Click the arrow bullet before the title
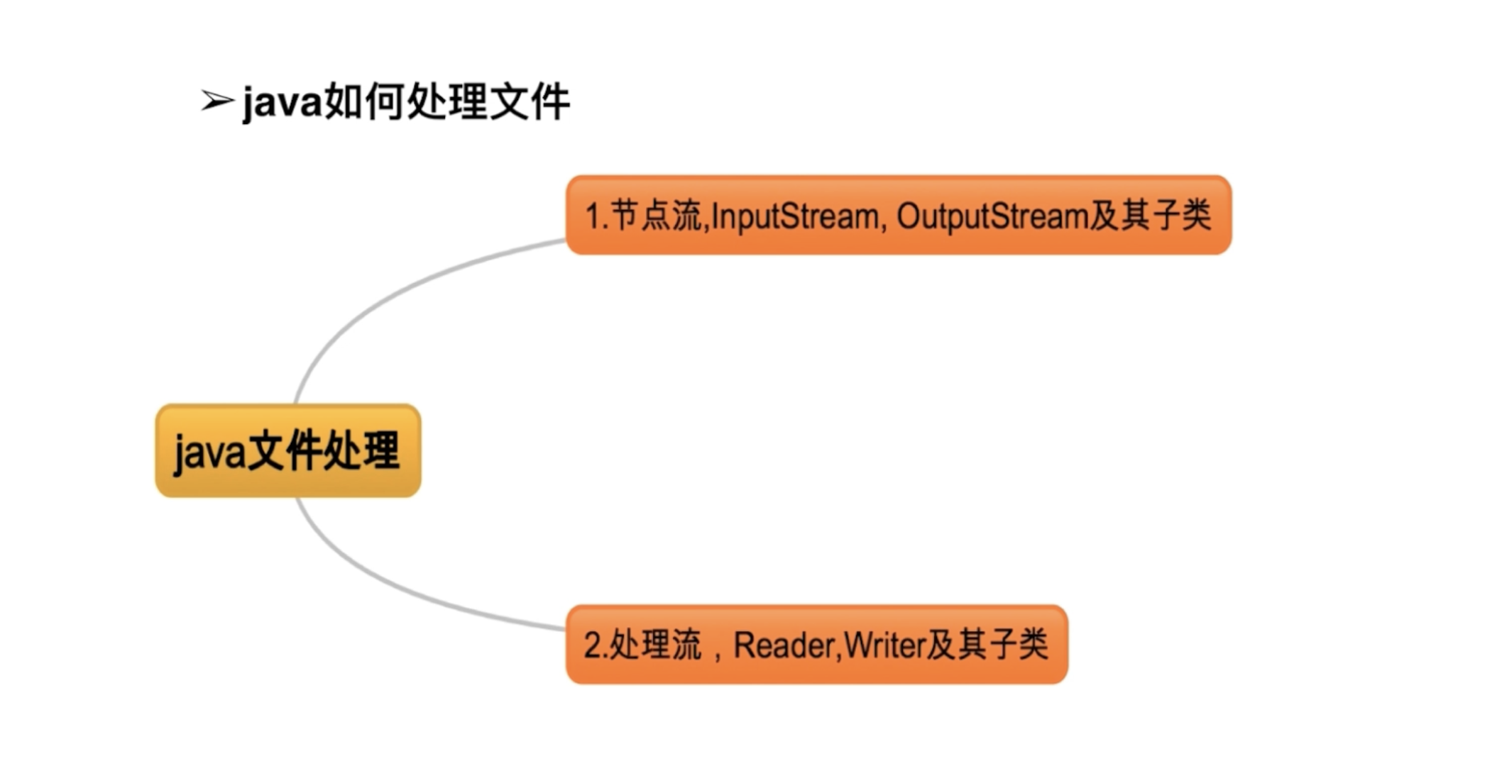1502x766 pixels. [x=216, y=101]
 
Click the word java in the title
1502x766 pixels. [x=283, y=103]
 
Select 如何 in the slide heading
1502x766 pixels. [x=363, y=102]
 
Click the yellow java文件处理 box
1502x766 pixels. [x=287, y=451]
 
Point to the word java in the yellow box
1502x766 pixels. [x=209, y=453]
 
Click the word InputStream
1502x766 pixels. [x=794, y=216]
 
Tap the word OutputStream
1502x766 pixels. [x=992, y=216]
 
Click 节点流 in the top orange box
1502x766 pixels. [x=655, y=216]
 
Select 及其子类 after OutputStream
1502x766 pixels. [x=1150, y=216]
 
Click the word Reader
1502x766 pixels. [x=784, y=645]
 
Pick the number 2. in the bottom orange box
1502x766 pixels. [x=595, y=645]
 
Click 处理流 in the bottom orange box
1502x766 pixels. [x=655, y=645]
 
